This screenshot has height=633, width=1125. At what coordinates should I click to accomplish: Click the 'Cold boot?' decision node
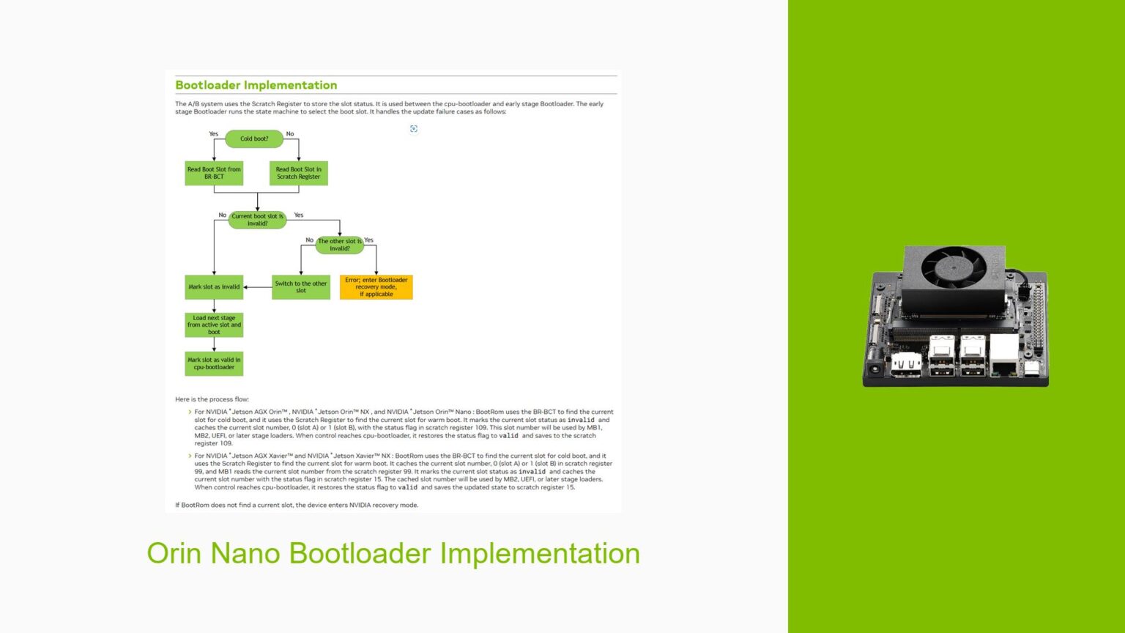pyautogui.click(x=254, y=138)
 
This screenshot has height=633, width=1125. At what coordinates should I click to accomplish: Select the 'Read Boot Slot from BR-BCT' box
pyautogui.click(x=214, y=173)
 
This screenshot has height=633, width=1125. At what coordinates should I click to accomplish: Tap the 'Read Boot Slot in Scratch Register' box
pyautogui.click(x=298, y=173)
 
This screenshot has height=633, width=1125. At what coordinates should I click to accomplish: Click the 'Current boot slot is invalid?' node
pyautogui.click(x=257, y=220)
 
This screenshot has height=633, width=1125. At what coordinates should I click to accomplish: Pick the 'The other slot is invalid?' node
pyautogui.click(x=339, y=245)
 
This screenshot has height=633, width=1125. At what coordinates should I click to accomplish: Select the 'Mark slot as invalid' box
pyautogui.click(x=214, y=287)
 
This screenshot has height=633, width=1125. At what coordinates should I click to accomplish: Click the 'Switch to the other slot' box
pyautogui.click(x=300, y=287)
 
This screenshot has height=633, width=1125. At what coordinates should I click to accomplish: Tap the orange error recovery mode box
pyautogui.click(x=376, y=287)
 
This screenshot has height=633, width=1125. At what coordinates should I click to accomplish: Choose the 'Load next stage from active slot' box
pyautogui.click(x=214, y=325)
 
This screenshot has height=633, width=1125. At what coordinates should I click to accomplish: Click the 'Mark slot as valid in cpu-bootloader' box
pyautogui.click(x=214, y=363)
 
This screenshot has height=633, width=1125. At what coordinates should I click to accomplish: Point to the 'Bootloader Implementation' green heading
pyautogui.click(x=256, y=85)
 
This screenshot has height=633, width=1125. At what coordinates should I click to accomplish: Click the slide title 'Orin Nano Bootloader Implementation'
pyautogui.click(x=393, y=553)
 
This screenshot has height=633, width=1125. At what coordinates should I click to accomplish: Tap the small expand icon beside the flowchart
pyautogui.click(x=414, y=129)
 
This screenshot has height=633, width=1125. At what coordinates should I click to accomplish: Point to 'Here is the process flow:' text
pyautogui.click(x=212, y=399)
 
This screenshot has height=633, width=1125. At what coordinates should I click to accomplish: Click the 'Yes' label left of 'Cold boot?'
pyautogui.click(x=214, y=134)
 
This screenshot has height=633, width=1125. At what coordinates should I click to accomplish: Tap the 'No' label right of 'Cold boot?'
pyautogui.click(x=290, y=134)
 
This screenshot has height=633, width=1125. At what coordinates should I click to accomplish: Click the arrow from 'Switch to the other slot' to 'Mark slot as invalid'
pyautogui.click(x=257, y=287)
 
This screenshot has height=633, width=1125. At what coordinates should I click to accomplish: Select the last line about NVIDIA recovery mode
pyautogui.click(x=297, y=505)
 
